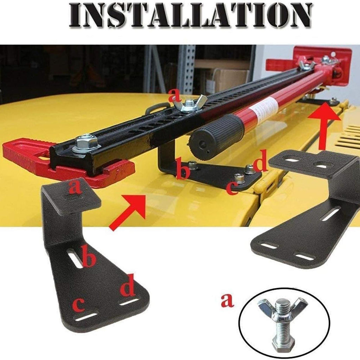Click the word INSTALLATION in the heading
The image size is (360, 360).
tap(191, 15)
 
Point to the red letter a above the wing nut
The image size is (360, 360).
tap(175, 96)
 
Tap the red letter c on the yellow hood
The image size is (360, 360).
tap(232, 187)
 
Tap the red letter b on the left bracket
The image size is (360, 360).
tap(88, 256)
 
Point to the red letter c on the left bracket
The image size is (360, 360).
tap(79, 304)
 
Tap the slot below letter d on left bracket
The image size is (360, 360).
tap(129, 302)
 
